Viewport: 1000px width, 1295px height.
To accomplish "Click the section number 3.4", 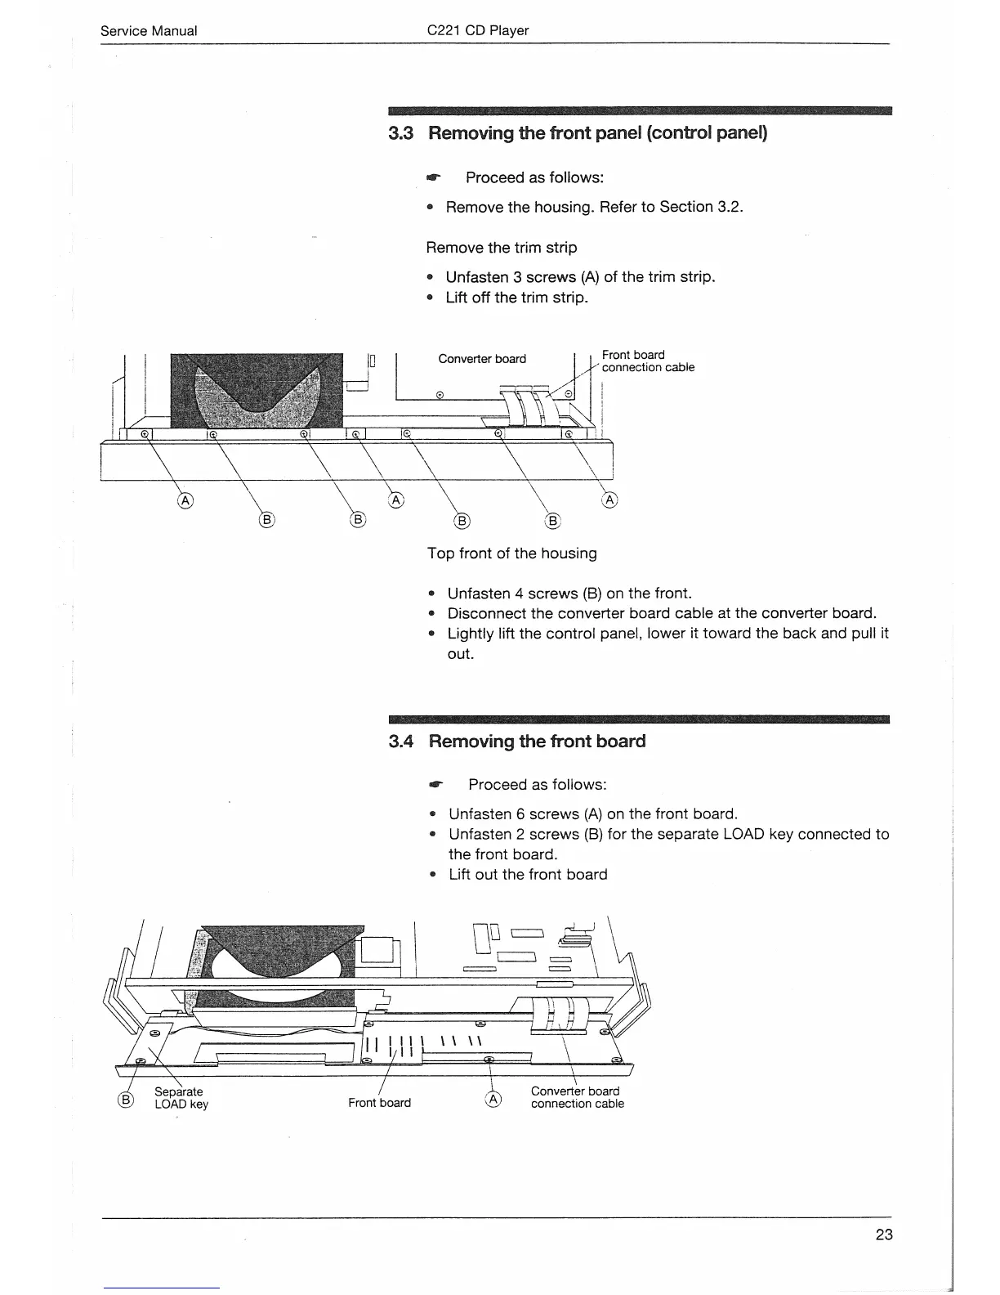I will pos(401,742).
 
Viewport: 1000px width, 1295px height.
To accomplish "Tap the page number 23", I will pos(884,1235).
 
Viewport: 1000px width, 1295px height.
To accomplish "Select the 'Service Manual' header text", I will pos(148,31).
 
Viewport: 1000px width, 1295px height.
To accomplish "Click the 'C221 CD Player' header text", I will pos(478,31).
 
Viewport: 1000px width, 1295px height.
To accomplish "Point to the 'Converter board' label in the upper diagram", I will pos(482,359).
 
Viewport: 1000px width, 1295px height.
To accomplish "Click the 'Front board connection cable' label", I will pos(648,361).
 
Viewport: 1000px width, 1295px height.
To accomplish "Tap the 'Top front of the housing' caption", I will pos(511,553).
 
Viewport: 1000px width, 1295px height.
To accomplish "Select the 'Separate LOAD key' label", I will pos(181,1098).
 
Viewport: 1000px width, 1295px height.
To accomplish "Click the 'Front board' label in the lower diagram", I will pos(379,1103).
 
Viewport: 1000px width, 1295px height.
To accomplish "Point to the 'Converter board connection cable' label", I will pos(577,1097).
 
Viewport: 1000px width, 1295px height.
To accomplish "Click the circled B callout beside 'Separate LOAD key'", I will pos(127,1100).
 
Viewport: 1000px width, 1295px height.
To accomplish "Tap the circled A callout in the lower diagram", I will pos(493,1100).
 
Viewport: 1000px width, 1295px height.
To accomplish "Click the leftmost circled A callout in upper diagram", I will pos(185,500).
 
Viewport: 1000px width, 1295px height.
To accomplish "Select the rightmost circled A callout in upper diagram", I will pos(609,500).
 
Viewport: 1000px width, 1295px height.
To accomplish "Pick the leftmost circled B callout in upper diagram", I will pos(266,520).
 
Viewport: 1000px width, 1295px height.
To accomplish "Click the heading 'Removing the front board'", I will pos(537,742).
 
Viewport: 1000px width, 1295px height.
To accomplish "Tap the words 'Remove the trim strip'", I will pos(502,248).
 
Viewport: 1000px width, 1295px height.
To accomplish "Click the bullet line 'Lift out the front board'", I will pos(528,875).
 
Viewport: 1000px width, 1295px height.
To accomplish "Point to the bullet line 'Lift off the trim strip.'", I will pos(516,298).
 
